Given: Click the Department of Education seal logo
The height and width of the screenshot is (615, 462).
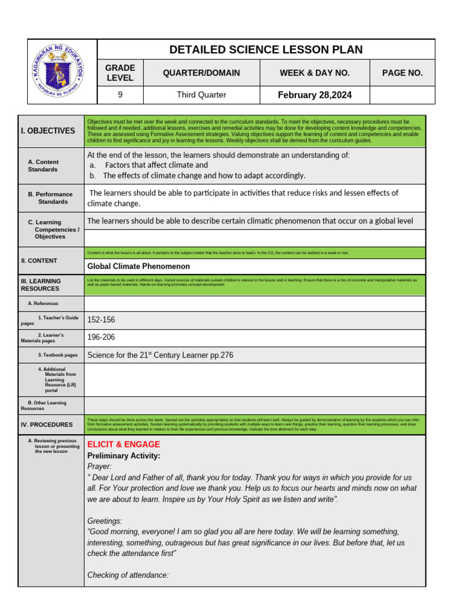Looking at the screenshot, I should (x=62, y=72).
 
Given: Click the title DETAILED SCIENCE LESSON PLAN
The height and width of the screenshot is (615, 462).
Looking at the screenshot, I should (x=266, y=49).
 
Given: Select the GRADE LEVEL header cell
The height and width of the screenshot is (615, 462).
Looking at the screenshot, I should (x=120, y=73).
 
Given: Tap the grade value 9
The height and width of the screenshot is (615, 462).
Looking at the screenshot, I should (x=120, y=95).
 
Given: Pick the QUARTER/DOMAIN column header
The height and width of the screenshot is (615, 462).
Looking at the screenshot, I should (x=201, y=73).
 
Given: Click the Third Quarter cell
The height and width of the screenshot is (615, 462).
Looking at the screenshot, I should (x=201, y=95).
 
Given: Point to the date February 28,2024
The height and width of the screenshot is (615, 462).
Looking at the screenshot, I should (x=315, y=95).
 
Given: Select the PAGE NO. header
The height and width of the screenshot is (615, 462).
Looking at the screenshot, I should (x=402, y=73).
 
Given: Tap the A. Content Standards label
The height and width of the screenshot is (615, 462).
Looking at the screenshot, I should (x=43, y=166).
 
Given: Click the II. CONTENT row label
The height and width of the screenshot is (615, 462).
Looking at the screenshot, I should (x=39, y=261).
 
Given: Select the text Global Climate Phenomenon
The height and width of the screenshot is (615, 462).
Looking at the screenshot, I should (x=138, y=266).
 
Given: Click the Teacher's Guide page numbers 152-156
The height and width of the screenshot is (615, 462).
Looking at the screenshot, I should (x=101, y=320).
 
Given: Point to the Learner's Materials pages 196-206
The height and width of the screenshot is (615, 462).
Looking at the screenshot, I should (x=101, y=338).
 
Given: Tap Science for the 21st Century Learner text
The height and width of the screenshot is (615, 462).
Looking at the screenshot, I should (x=160, y=355).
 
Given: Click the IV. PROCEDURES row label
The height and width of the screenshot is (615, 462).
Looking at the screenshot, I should (x=46, y=425).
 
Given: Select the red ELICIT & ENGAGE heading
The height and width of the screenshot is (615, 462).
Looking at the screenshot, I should (x=123, y=444).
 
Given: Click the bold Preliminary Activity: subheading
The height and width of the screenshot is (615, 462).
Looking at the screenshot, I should (x=123, y=456).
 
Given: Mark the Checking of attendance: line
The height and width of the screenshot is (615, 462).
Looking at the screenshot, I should (x=128, y=575).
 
